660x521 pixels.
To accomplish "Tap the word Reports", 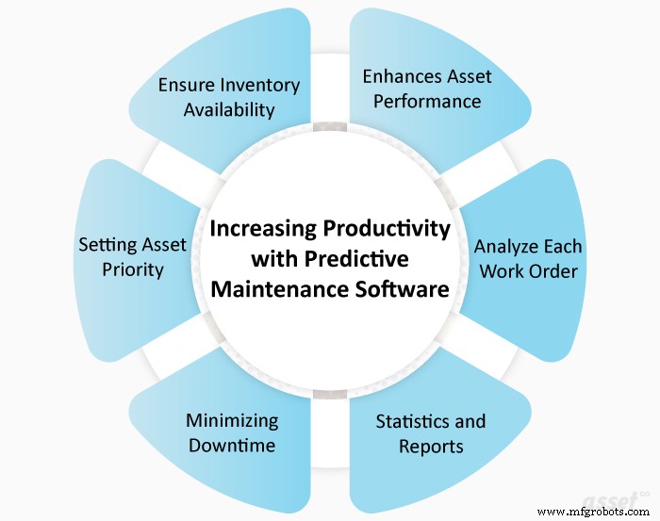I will click(x=432, y=445).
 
